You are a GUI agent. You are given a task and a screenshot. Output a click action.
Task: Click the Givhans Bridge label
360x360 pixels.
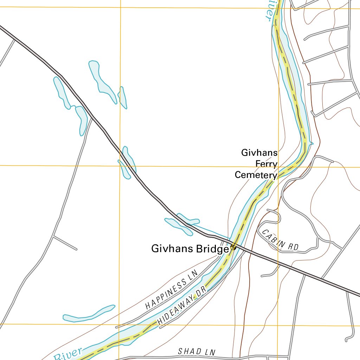pos(190,249)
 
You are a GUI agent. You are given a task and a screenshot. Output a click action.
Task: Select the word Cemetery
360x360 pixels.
pos(256,175)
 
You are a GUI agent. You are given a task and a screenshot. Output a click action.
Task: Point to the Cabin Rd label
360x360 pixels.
pos(280,241)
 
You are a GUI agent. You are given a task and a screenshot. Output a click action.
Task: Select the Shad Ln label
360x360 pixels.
pos(197,352)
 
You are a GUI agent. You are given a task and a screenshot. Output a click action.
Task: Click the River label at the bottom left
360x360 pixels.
pos(69,354)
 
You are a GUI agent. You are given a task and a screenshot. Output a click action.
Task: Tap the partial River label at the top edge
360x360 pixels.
pos(269,10)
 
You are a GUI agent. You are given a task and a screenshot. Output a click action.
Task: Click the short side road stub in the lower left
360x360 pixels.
pos(65,243)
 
